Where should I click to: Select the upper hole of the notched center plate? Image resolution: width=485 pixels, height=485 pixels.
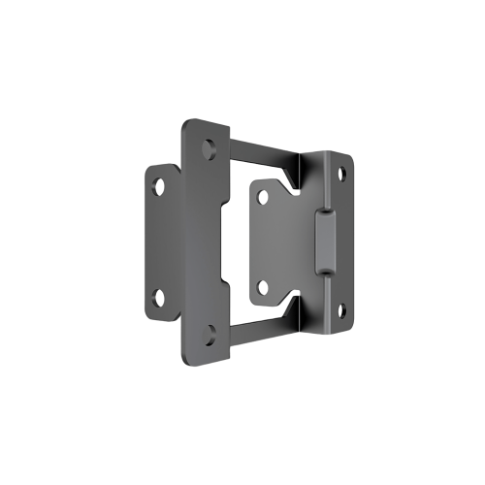click(262, 197)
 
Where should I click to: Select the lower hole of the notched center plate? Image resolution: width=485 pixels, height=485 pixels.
click(262, 286)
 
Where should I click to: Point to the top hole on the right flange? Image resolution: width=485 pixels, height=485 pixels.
click(341, 173)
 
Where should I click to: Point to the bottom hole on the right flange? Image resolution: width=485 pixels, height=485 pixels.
click(341, 310)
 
